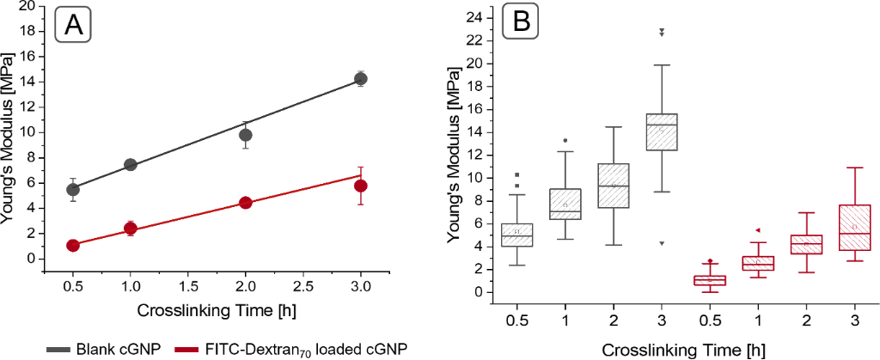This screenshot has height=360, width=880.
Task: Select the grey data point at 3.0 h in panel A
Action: pyautogui.click(x=361, y=79)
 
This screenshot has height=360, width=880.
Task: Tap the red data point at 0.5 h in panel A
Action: pyautogui.click(x=73, y=245)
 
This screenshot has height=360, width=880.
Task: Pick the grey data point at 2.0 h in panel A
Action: pyautogui.click(x=246, y=135)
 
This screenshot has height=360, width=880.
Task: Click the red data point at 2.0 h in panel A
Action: pyautogui.click(x=246, y=203)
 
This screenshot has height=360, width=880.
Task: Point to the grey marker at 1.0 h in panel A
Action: pyautogui.click(x=131, y=164)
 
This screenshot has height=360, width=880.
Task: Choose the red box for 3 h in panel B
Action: pyautogui.click(x=854, y=227)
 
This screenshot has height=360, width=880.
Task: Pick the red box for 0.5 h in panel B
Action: pyautogui.click(x=710, y=280)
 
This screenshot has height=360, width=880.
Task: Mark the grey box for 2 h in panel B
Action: pyautogui.click(x=614, y=186)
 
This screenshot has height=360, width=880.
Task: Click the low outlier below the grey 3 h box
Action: pyautogui.click(x=662, y=243)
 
